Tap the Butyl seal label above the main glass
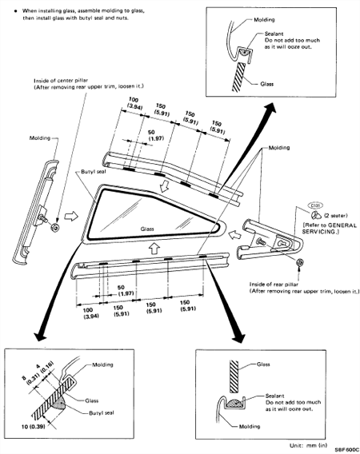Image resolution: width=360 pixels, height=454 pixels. point(94,172)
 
